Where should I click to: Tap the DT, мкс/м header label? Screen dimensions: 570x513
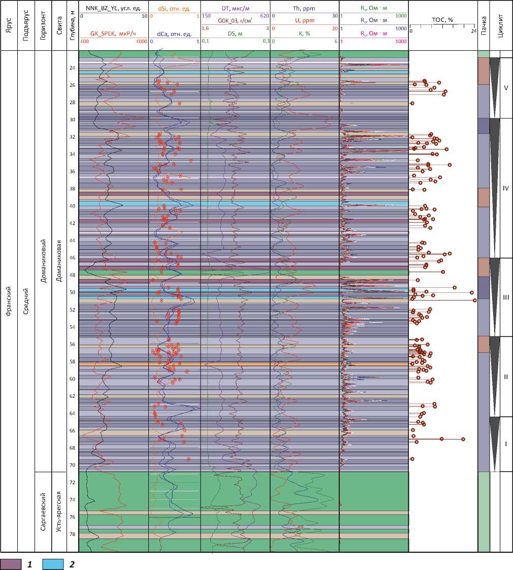coord(235,9)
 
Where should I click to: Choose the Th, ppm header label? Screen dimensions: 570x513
coord(304,9)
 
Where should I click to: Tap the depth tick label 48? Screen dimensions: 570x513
coord(72,275)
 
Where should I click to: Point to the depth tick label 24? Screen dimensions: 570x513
coord(72,68)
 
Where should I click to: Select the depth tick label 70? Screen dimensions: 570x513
coord(72,465)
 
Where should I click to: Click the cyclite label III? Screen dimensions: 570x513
coord(505,297)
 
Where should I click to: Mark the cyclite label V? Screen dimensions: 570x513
coord(505,87)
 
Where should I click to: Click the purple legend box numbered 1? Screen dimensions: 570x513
coord(11,563)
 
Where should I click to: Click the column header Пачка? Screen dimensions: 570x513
coord(483,25)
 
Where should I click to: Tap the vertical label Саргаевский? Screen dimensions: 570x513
coord(43,512)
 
